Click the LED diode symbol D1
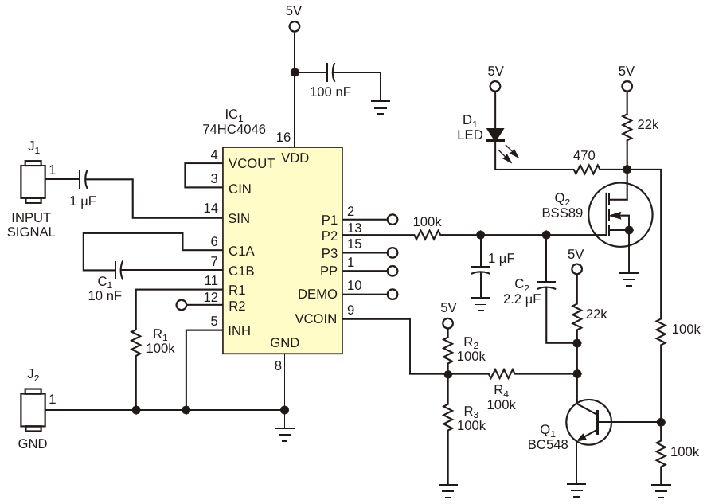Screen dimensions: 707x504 495,135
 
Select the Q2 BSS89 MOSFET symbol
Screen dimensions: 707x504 620,215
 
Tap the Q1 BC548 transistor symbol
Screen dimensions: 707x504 589,422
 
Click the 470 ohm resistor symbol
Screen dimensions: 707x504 587,170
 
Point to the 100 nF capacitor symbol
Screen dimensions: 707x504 331,72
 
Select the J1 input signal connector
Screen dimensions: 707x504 33,181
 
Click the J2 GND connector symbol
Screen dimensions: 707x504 33,409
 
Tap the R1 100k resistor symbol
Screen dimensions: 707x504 135,342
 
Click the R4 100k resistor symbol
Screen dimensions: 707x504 502,373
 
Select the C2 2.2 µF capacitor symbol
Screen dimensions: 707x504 546,286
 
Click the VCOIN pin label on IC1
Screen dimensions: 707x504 315,318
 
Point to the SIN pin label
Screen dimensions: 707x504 239,219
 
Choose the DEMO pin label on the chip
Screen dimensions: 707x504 318,294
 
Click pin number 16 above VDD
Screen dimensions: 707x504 283,137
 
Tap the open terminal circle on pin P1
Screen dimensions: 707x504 393,220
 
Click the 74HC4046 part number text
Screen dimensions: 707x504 234,129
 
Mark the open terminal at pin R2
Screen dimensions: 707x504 182,305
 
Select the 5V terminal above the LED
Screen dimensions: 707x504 495,86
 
